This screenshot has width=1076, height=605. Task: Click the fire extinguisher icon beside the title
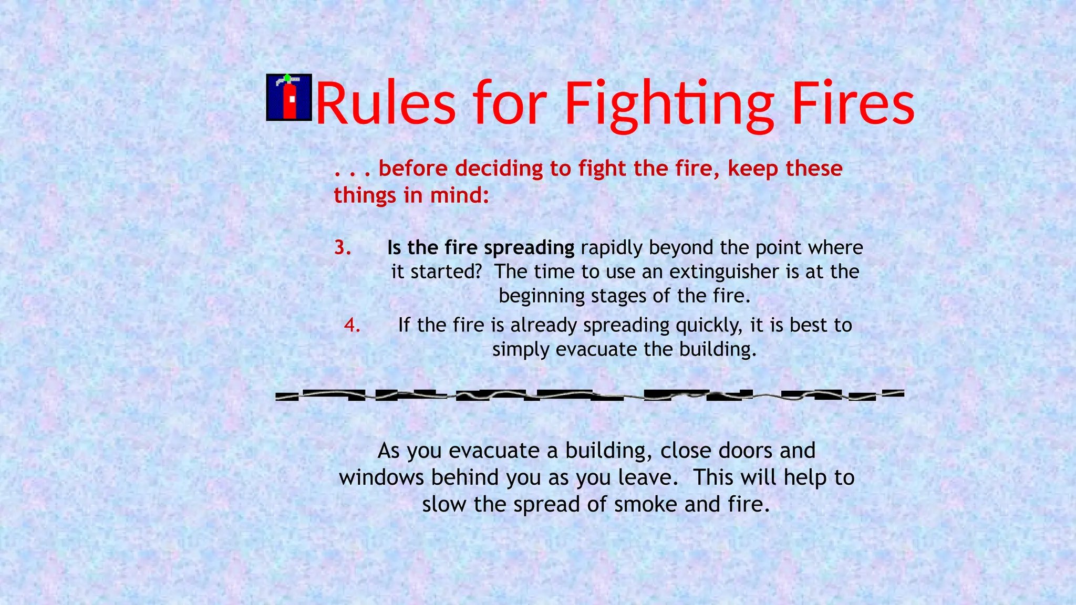289,98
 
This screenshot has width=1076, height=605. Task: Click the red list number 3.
343,247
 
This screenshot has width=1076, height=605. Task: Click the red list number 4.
352,325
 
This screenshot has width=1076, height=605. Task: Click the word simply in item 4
521,350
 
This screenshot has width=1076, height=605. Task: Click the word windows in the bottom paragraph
382,477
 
